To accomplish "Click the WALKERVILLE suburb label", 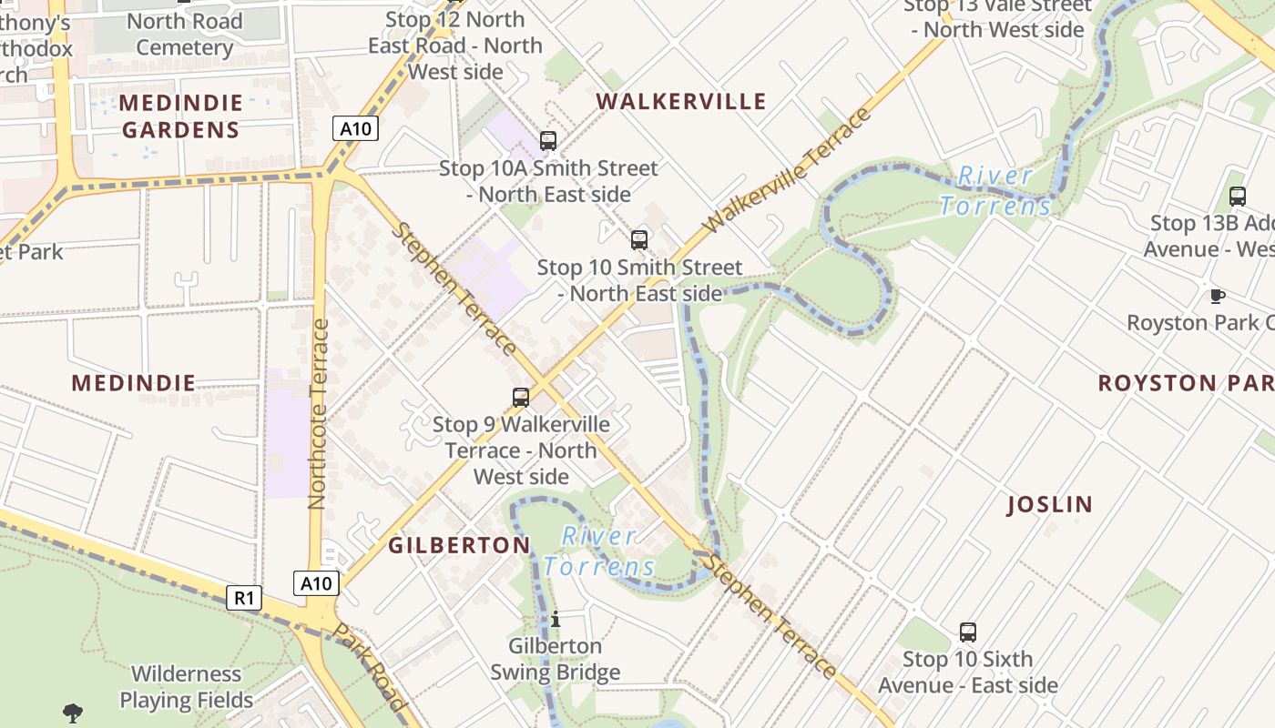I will click(681, 101).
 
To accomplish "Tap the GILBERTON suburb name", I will click(459, 545).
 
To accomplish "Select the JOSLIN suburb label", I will click(1050, 504).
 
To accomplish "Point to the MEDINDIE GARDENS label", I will click(180, 116).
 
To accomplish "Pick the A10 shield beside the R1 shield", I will click(316, 583).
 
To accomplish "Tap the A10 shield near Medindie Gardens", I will click(355, 128).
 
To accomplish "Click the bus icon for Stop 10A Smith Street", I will click(548, 141).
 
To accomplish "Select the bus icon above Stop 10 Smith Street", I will click(639, 240).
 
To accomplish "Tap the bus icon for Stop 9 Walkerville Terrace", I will click(521, 397).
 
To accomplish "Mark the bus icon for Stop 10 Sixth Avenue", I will click(968, 632).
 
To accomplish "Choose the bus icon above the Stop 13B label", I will click(1238, 196).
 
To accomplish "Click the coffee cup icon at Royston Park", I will click(1217, 296).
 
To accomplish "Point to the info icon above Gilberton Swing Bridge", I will click(556, 620).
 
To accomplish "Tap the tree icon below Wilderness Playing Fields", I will click(73, 713).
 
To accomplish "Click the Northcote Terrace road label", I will click(317, 414).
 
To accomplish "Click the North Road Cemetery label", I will click(184, 34).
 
